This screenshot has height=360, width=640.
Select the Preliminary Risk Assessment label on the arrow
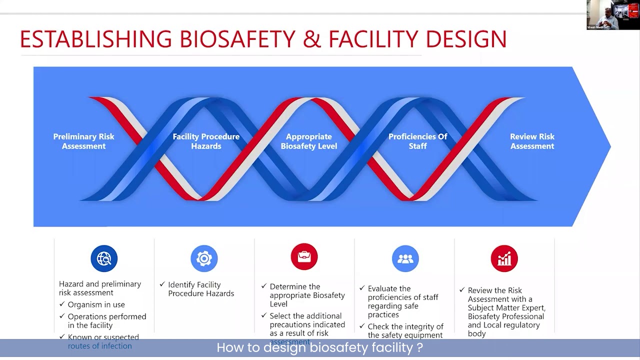click(x=84, y=141)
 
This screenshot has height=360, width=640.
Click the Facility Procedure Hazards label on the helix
click(x=206, y=141)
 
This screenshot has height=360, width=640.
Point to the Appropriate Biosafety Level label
click(x=309, y=141)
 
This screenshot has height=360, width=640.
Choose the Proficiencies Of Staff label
click(x=418, y=141)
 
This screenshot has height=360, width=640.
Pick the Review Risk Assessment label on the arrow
click(x=532, y=141)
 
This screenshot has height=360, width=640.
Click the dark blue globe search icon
click(x=104, y=258)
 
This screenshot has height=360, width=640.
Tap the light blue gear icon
click(x=204, y=258)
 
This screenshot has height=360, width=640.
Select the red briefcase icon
click(x=304, y=256)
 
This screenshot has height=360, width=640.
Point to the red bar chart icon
click(x=504, y=258)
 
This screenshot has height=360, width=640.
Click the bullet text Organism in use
click(x=96, y=304)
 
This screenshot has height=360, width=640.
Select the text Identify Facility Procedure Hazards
click(x=200, y=289)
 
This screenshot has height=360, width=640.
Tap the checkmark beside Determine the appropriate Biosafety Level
click(x=264, y=286)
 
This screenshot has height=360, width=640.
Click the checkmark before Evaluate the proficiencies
click(x=362, y=288)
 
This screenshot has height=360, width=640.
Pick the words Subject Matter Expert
click(x=506, y=307)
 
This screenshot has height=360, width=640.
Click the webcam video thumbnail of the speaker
click(x=612, y=15)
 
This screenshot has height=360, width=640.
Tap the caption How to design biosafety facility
click(x=320, y=347)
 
